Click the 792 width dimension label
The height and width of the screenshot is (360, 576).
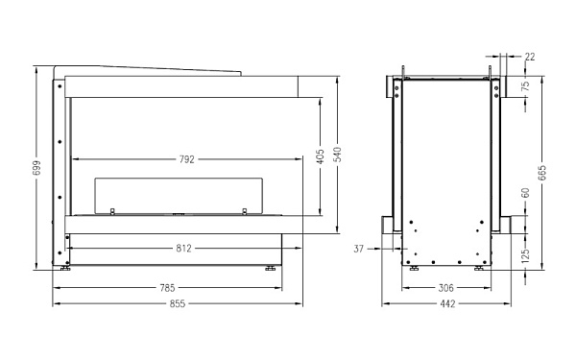tap(186, 159)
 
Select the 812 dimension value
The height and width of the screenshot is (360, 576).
tap(184, 248)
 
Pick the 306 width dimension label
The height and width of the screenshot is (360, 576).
tap(445, 287)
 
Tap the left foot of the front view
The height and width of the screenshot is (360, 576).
tap(65, 270)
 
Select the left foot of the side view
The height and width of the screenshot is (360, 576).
tap(413, 270)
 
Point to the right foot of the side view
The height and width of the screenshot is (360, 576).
tap(479, 270)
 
